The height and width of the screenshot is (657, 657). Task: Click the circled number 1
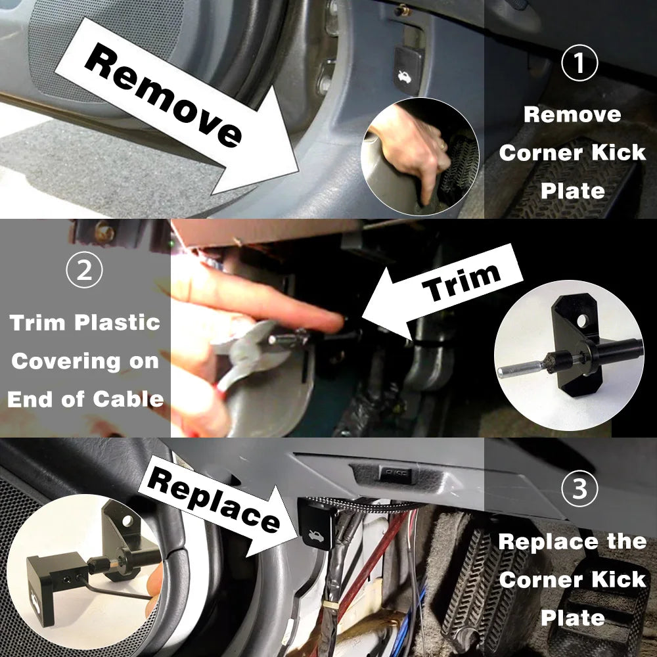[x=579, y=64]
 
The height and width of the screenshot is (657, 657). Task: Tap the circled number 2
[x=85, y=271]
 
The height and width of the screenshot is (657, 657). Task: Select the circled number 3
[x=580, y=489]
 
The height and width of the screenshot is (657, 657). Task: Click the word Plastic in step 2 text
[x=117, y=323]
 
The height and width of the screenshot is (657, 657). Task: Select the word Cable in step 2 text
[x=128, y=399]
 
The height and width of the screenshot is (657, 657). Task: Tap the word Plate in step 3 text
[x=572, y=618]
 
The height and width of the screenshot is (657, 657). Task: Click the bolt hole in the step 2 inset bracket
[x=581, y=320]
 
